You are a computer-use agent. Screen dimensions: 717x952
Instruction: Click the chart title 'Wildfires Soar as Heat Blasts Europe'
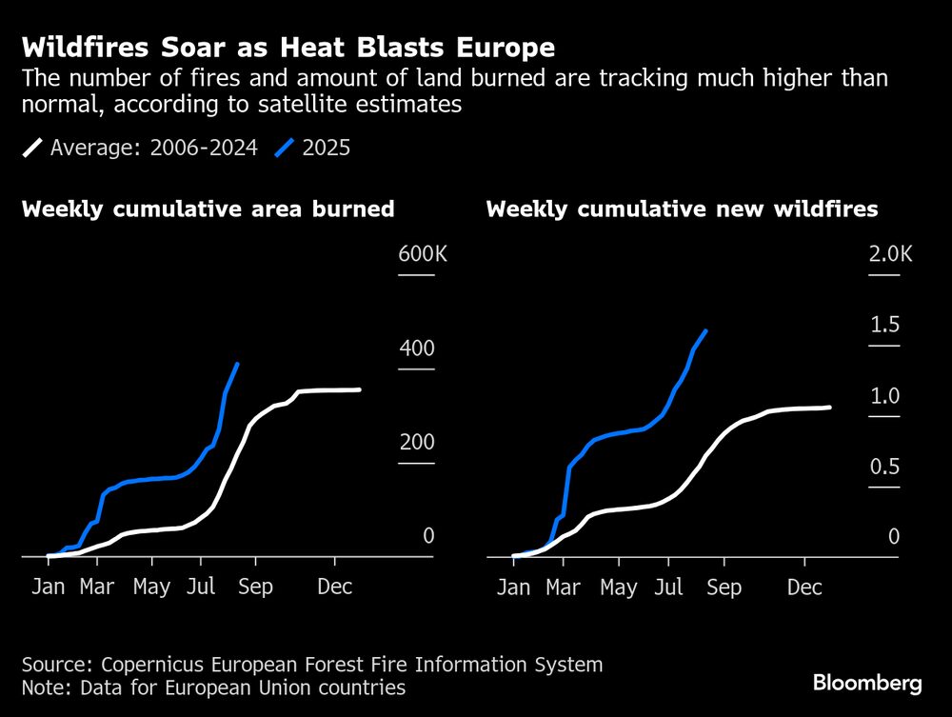288,48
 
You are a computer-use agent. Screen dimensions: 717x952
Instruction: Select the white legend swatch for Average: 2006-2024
33,148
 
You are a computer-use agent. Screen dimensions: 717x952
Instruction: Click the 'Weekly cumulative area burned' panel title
208,209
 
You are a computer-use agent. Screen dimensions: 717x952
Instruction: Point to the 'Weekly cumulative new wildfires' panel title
682,209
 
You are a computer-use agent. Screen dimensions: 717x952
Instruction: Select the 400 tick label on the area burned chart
417,349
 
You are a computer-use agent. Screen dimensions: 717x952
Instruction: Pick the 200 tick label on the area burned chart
417,443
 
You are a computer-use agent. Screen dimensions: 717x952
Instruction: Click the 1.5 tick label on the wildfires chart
884,325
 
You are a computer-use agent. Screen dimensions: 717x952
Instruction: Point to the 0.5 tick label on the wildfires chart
884,467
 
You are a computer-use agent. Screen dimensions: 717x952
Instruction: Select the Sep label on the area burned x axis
254,587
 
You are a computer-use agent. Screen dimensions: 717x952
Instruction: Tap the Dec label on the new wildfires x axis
804,588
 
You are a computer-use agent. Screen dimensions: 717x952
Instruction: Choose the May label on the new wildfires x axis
619,588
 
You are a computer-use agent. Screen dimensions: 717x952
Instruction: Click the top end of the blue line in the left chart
237,364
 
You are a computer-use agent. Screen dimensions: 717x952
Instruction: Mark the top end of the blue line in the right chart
705,330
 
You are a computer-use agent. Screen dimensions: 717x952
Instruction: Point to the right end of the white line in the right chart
829,407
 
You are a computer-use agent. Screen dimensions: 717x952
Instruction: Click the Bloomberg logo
867,683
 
